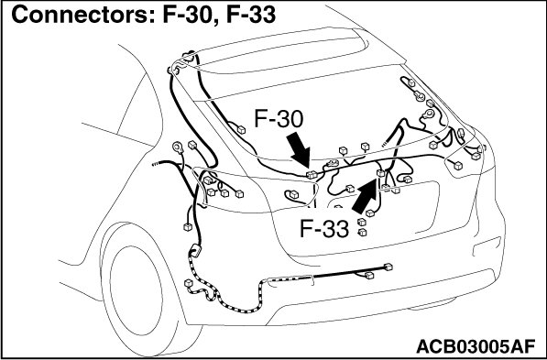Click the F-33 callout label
[324, 229]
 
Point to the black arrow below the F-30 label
[299, 150]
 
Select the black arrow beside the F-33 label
[365, 196]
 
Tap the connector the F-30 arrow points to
[312, 174]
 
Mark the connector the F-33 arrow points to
[380, 173]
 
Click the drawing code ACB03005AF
[476, 346]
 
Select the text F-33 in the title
[251, 15]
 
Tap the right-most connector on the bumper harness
[388, 267]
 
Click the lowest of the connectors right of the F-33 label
[362, 232]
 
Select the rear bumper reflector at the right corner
[487, 246]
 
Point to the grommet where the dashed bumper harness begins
[195, 251]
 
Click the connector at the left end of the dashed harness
[189, 283]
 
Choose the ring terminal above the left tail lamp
[179, 147]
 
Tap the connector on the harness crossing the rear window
[241, 130]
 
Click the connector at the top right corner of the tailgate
[411, 83]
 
